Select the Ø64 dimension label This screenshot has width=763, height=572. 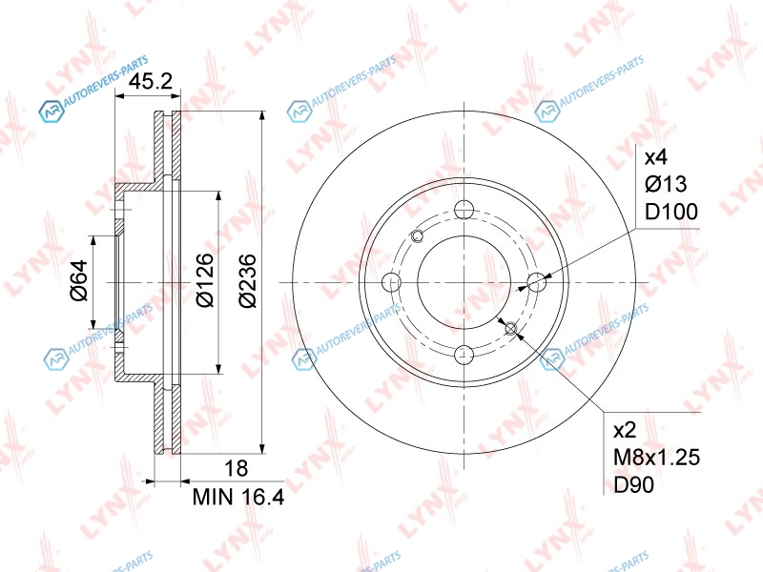coord(79,280)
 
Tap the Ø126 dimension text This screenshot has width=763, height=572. coord(205,280)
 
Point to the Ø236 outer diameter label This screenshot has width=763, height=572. coord(248,280)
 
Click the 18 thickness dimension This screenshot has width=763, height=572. coord(236,468)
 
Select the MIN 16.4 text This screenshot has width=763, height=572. coord(238,497)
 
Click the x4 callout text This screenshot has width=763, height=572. coord(656,157)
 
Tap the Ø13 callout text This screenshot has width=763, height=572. coord(666,184)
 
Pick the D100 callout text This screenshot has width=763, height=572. coord(671,212)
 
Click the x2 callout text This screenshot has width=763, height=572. coord(625,431)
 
